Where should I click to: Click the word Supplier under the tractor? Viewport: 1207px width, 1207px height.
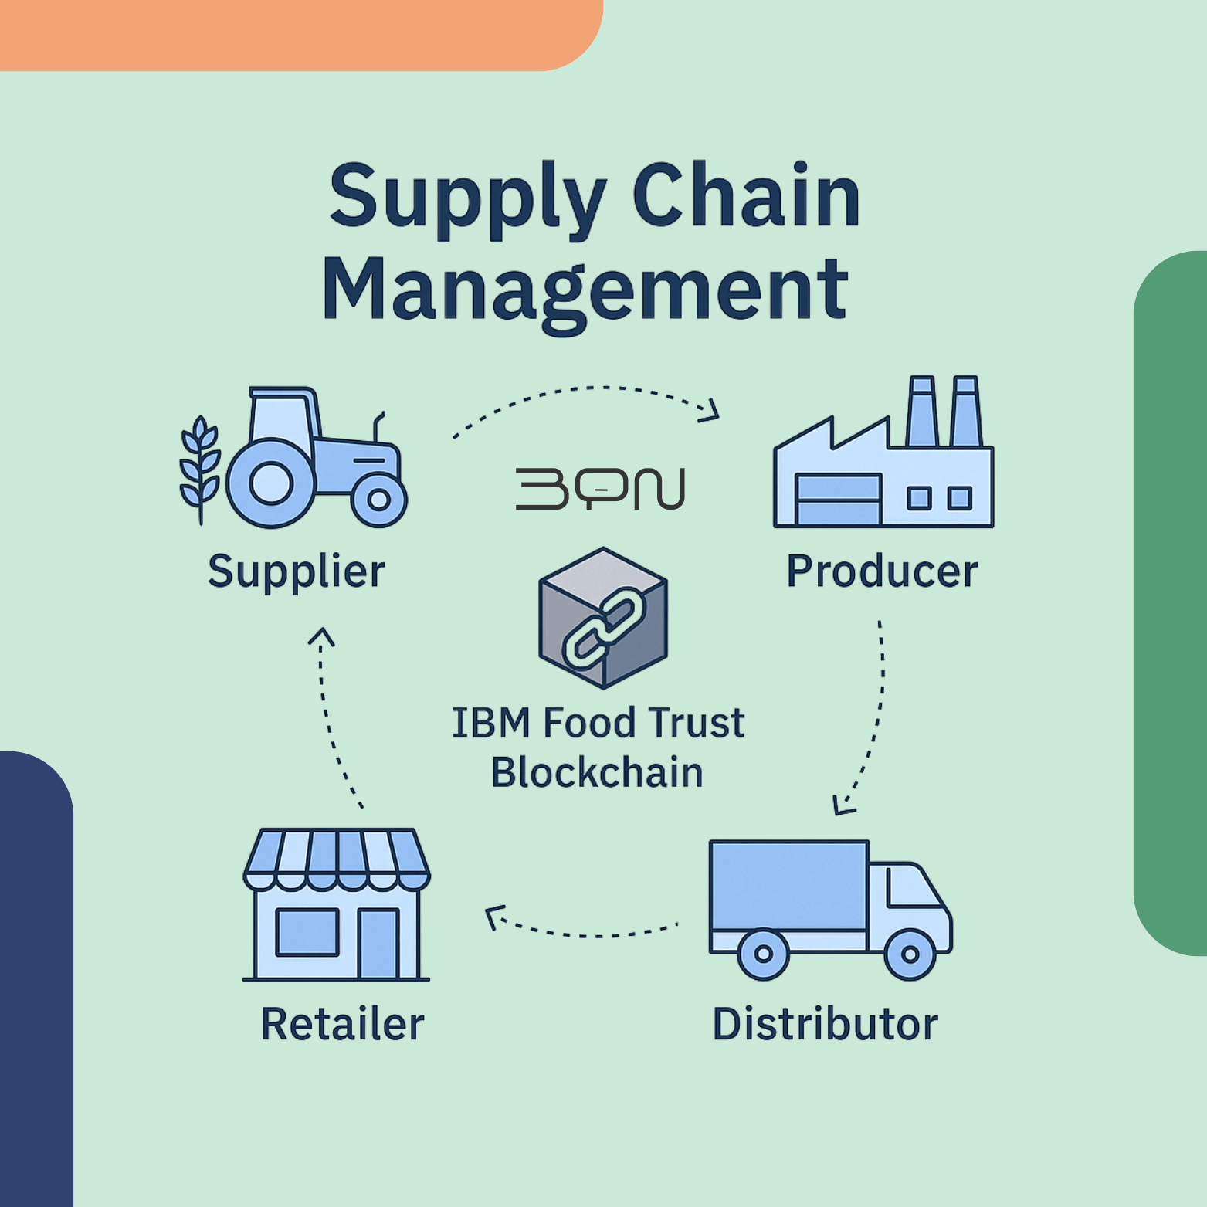point(297,572)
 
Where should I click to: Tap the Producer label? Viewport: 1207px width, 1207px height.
point(882,571)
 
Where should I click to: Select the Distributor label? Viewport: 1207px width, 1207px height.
point(825,1024)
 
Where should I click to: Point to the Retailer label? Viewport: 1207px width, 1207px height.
point(342,1024)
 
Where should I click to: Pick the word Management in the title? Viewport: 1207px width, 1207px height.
point(585,291)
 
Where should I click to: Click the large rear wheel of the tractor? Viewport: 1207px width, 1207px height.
point(270,484)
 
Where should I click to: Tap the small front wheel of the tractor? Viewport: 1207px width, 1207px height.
point(378,500)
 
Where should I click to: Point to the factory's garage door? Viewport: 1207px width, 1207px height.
point(839,500)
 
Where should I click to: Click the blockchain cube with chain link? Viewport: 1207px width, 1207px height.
point(603,618)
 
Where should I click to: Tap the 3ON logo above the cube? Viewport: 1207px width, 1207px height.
point(600,489)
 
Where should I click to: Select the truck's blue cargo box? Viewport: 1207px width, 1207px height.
point(788,886)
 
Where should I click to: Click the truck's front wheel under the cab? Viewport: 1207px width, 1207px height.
point(910,954)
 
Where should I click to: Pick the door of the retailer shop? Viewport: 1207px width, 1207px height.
point(378,944)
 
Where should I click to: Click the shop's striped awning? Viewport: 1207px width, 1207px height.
point(337,859)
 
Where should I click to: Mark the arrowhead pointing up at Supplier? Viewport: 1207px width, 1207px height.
point(321,636)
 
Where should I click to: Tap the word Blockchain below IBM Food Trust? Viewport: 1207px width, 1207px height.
point(597,773)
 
